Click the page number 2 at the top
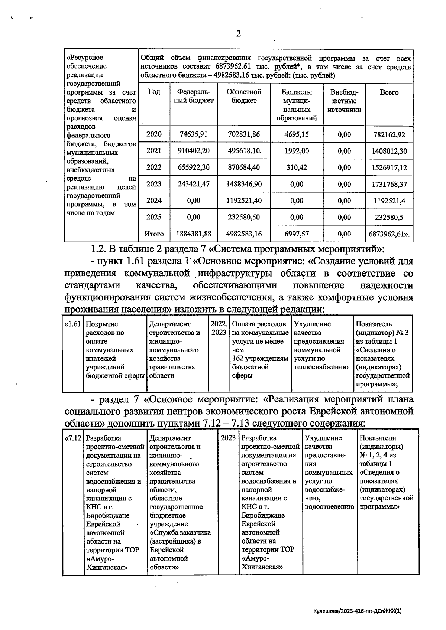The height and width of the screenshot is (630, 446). click(x=238, y=34)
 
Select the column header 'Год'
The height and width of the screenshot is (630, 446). click(x=154, y=92)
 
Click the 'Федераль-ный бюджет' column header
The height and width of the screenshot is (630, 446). click(x=194, y=96)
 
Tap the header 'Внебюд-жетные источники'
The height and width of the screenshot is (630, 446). click(x=344, y=101)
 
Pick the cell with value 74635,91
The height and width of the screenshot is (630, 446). click(x=193, y=134)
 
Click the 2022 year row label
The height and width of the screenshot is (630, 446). click(x=154, y=167)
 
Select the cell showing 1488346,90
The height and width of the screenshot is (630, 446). click(x=244, y=184)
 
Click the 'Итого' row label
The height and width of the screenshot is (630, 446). click(x=154, y=234)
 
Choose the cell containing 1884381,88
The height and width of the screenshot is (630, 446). click(x=193, y=234)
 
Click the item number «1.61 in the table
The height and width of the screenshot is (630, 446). click(x=73, y=324)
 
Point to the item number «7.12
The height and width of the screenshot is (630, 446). click(x=73, y=438)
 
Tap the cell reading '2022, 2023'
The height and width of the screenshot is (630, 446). click(x=219, y=328)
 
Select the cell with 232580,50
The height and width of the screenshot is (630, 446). click(x=244, y=217)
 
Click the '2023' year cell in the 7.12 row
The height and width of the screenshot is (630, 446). click(x=228, y=438)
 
